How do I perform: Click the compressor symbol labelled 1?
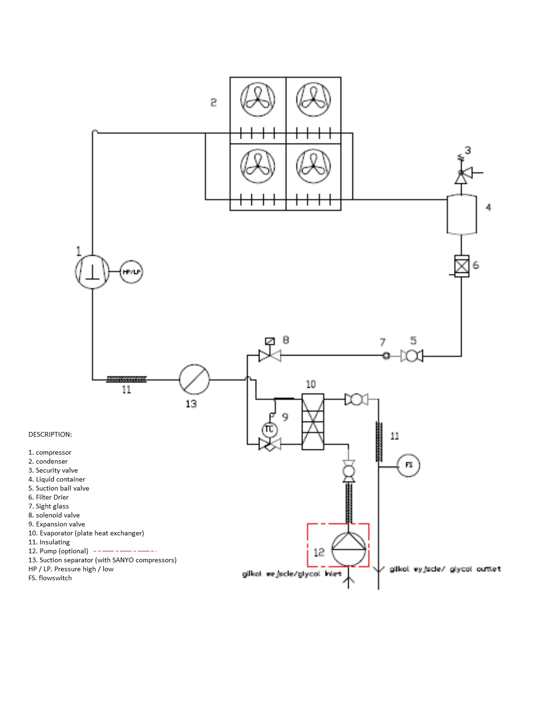coord(92,271)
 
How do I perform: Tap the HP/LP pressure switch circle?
coord(131,272)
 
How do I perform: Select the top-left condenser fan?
coord(258,100)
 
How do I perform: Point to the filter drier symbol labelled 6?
coord(462,266)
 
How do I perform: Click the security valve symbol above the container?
coord(461,176)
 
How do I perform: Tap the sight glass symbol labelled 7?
coord(386,356)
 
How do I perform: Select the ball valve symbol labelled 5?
coord(412,355)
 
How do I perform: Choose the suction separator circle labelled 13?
coord(194,379)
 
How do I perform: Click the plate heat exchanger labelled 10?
coord(313,421)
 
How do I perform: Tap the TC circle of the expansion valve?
coord(269,429)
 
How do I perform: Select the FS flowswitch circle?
coord(408,465)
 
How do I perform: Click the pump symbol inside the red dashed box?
coord(349,549)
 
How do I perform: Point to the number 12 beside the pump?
coord(319,552)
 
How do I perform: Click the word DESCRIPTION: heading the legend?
coord(50,434)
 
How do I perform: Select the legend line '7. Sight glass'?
coord(49,506)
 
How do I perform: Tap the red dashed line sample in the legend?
coord(125,551)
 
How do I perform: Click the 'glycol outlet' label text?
coord(475,569)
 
